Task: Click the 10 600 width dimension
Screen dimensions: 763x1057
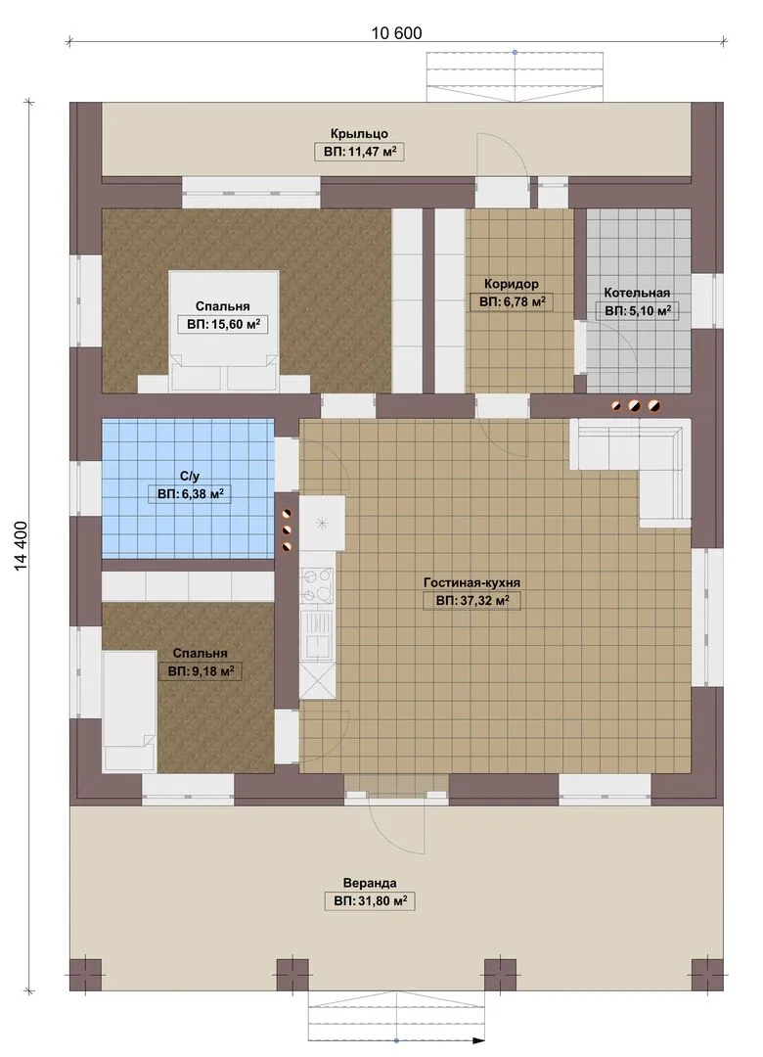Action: click(x=396, y=32)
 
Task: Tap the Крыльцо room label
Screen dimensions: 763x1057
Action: click(x=359, y=133)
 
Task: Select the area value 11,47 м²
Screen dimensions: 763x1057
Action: click(x=359, y=153)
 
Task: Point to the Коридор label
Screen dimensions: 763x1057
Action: click(x=511, y=284)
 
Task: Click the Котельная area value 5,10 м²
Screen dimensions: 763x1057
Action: click(x=637, y=311)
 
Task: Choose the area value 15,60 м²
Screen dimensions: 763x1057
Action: click(x=223, y=325)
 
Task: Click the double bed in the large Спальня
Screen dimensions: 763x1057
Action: click(x=224, y=331)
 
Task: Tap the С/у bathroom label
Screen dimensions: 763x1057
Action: click(x=190, y=477)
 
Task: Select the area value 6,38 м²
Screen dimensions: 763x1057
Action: click(x=191, y=495)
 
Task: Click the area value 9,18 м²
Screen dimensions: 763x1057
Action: click(x=201, y=671)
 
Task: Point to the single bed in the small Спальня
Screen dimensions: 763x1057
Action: click(x=129, y=711)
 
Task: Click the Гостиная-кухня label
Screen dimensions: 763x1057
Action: click(x=471, y=582)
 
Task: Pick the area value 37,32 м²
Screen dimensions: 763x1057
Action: click(x=471, y=601)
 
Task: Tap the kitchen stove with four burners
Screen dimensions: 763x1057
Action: click(x=318, y=585)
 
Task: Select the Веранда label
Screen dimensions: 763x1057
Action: click(x=370, y=883)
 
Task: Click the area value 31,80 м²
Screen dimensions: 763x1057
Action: click(x=370, y=901)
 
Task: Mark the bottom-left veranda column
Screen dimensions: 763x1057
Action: click(x=86, y=975)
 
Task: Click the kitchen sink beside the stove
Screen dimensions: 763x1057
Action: click(x=318, y=634)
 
